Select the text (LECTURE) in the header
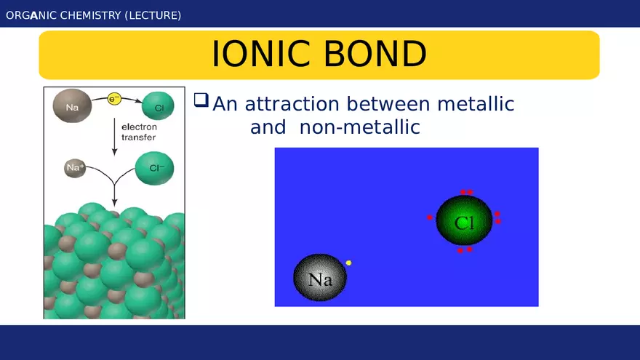tap(153, 15)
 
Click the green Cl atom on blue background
tap(464, 220)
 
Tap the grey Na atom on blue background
tap(321, 278)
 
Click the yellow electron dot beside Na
tap(348, 263)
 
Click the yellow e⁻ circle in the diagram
tap(114, 99)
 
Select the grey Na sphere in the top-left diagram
tap(71, 107)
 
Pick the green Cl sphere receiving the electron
tap(158, 107)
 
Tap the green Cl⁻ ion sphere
tap(154, 169)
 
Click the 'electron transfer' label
tap(138, 132)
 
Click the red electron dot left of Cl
tap(430, 217)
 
